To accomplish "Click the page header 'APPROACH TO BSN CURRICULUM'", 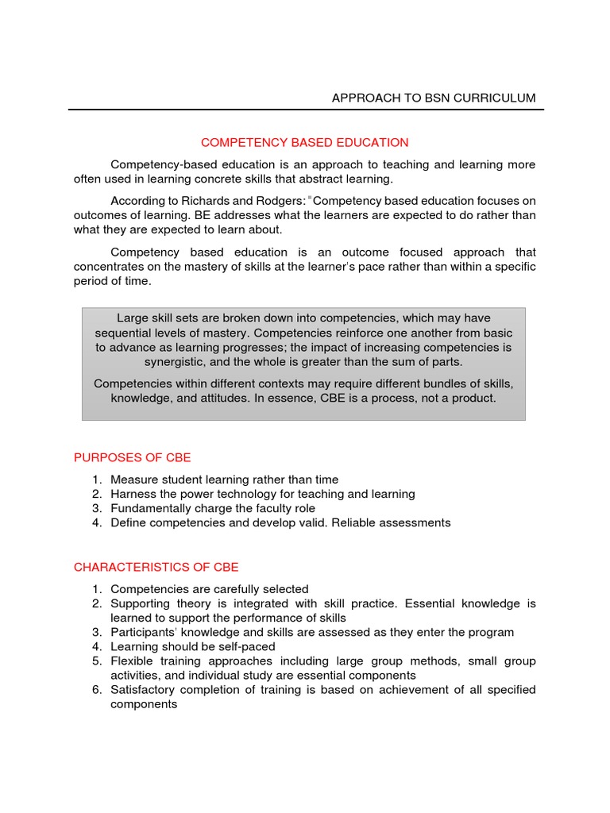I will [x=433, y=98].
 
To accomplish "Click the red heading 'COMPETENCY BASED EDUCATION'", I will [x=304, y=143].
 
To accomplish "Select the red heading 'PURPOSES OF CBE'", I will [x=132, y=457].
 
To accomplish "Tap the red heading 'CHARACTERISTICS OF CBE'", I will [x=156, y=567].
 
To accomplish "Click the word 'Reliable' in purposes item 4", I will [x=350, y=522].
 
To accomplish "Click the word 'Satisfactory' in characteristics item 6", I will [x=145, y=689].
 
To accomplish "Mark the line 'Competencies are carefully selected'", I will [x=209, y=589].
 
